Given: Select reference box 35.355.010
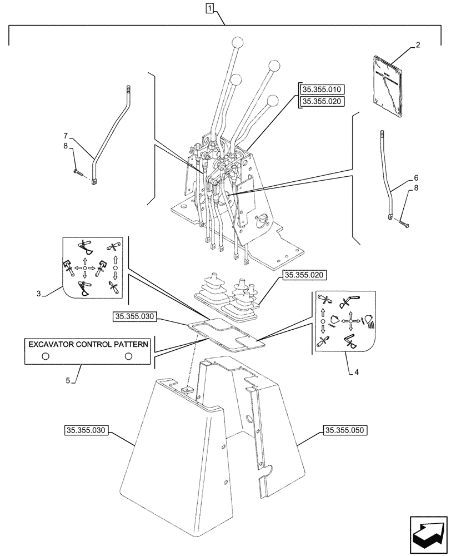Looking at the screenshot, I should click(x=322, y=90).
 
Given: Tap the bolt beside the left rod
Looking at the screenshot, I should click(x=78, y=173).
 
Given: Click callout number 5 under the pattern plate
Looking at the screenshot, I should click(x=68, y=381).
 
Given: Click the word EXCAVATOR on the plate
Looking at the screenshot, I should click(x=53, y=344).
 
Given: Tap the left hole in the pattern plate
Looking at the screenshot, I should click(x=45, y=356).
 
